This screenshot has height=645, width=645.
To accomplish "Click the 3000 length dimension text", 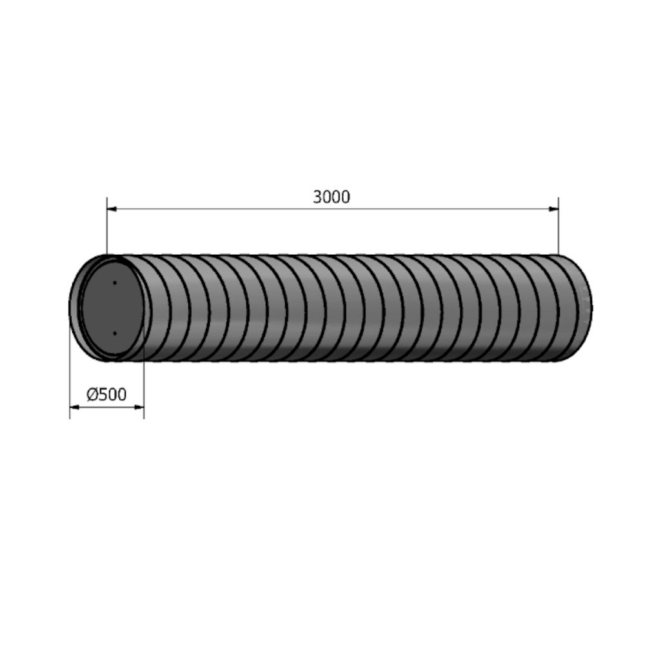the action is click(332, 197).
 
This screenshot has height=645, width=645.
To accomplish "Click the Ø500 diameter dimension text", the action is click(106, 395).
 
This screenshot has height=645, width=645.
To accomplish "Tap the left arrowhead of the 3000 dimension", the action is click(112, 209).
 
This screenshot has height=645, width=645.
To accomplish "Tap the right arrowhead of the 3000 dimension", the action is click(553, 209).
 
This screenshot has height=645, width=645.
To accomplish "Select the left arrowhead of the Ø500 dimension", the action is click(74, 407).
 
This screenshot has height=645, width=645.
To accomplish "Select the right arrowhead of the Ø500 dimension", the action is click(139, 407).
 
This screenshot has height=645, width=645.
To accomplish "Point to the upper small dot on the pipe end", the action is click(115, 283).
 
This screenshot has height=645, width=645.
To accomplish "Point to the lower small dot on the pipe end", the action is click(115, 333).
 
